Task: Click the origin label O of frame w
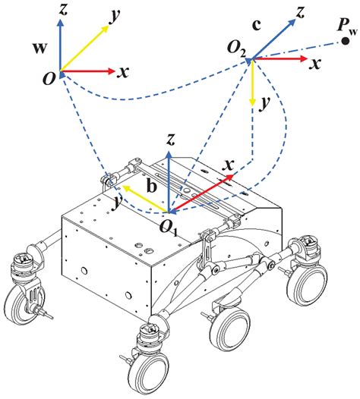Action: coord(49,79)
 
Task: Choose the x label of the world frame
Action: coord(123,73)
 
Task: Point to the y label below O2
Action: coord(264,107)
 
